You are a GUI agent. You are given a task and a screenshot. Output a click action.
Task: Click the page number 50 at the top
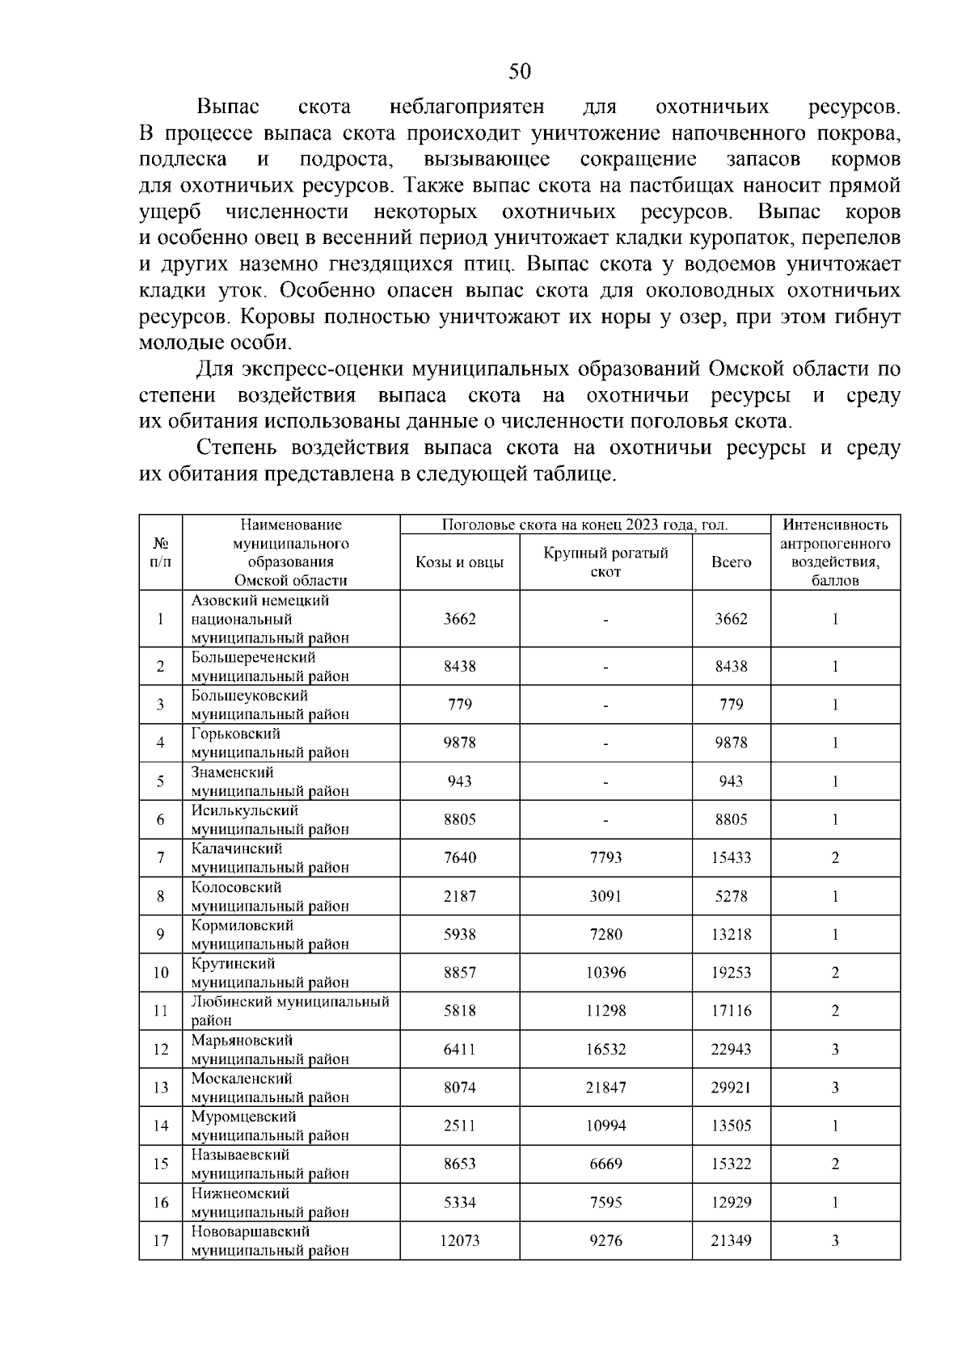520,72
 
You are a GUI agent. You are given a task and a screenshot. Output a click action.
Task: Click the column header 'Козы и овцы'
459,562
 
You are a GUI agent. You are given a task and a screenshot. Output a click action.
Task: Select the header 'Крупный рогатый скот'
605,562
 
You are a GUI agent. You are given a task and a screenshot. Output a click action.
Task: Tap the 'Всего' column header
731,562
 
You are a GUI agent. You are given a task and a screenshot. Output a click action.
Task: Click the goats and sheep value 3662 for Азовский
459,619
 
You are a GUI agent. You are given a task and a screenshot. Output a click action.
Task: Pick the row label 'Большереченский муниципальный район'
270,667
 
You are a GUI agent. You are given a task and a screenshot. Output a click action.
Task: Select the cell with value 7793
605,857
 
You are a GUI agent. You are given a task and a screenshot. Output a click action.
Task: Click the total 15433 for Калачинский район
731,857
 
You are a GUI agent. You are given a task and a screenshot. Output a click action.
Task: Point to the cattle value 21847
605,1088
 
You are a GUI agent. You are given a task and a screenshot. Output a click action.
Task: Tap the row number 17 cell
160,1240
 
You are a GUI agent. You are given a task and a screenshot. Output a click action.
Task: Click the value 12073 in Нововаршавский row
459,1240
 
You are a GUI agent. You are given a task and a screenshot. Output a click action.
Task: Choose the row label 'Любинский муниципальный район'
289,1011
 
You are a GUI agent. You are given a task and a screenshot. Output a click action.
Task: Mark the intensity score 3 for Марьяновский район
835,1050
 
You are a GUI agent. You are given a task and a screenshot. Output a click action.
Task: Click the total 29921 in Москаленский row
731,1088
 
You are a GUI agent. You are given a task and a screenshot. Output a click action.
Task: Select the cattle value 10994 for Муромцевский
605,1126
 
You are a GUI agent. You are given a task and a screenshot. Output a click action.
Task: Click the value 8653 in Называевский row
459,1164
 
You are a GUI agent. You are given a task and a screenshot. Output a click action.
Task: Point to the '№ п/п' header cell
160,552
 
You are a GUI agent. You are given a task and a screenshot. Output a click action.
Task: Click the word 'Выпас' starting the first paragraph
228,107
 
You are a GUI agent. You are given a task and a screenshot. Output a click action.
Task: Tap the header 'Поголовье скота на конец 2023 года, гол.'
584,525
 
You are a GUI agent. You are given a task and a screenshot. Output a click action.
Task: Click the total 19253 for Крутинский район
731,973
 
